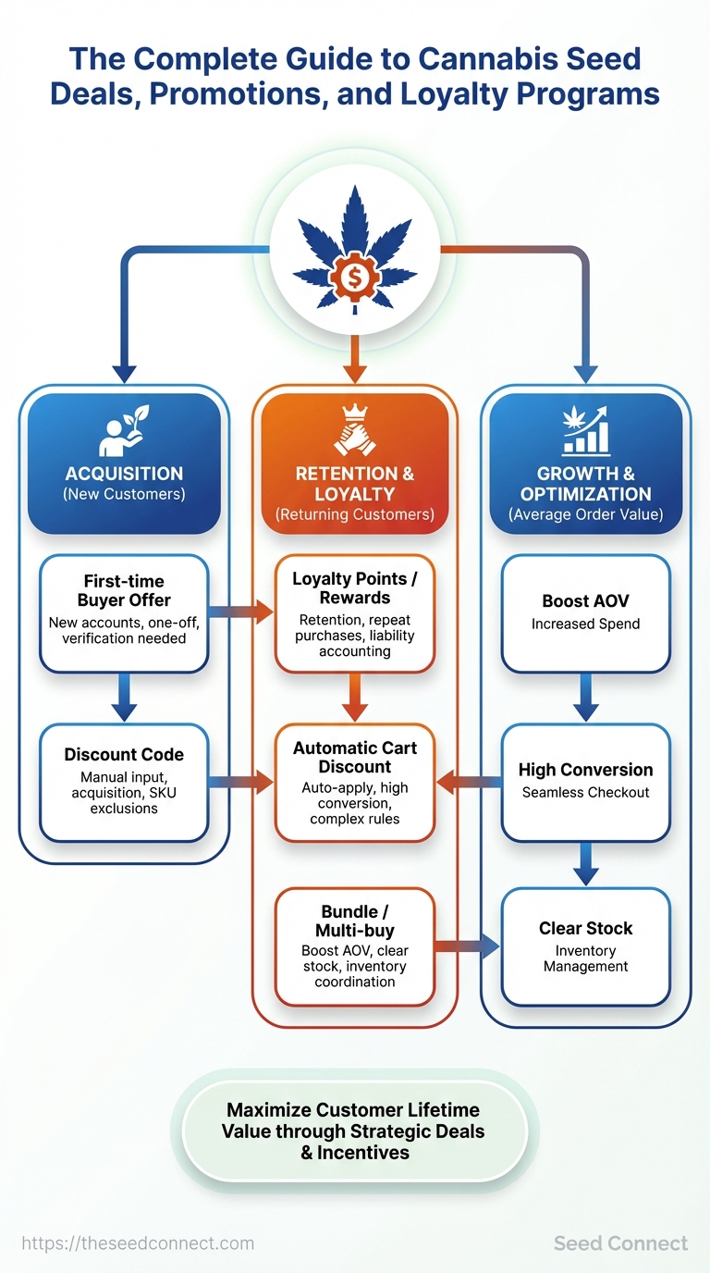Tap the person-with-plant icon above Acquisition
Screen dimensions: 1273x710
pos(124,432)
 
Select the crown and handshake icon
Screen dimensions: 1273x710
pos(355,431)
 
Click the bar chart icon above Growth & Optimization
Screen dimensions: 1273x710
pos(585,430)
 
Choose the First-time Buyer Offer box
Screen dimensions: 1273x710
pos(124,612)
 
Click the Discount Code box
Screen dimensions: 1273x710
pos(124,782)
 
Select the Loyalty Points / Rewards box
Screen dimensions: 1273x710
pos(355,612)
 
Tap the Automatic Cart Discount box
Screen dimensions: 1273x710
pos(355,782)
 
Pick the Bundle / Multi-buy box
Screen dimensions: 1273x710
pos(355,945)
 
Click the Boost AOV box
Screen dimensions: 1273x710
pos(585,612)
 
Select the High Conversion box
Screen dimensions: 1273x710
pos(585,782)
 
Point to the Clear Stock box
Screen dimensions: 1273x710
pos(585,945)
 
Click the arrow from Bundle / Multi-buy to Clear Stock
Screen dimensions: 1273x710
pos(467,945)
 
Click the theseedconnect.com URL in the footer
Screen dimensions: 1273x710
pos(137,1243)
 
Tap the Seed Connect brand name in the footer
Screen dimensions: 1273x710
pos(620,1243)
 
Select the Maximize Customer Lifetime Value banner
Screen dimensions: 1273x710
pos(355,1131)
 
